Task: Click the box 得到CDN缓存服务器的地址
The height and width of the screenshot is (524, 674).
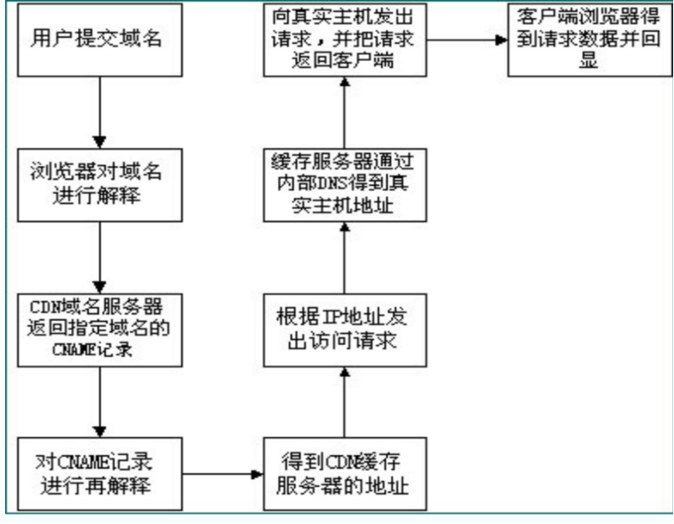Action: coord(345,473)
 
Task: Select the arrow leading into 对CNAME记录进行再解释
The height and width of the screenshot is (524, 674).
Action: coord(101,401)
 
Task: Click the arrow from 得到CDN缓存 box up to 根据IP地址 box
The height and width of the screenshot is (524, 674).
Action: coord(345,401)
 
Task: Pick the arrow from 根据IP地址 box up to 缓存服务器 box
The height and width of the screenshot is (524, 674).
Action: coord(345,259)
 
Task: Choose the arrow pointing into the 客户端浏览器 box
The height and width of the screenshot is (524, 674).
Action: coord(465,40)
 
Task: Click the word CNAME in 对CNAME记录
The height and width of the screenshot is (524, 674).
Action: coord(80,462)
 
